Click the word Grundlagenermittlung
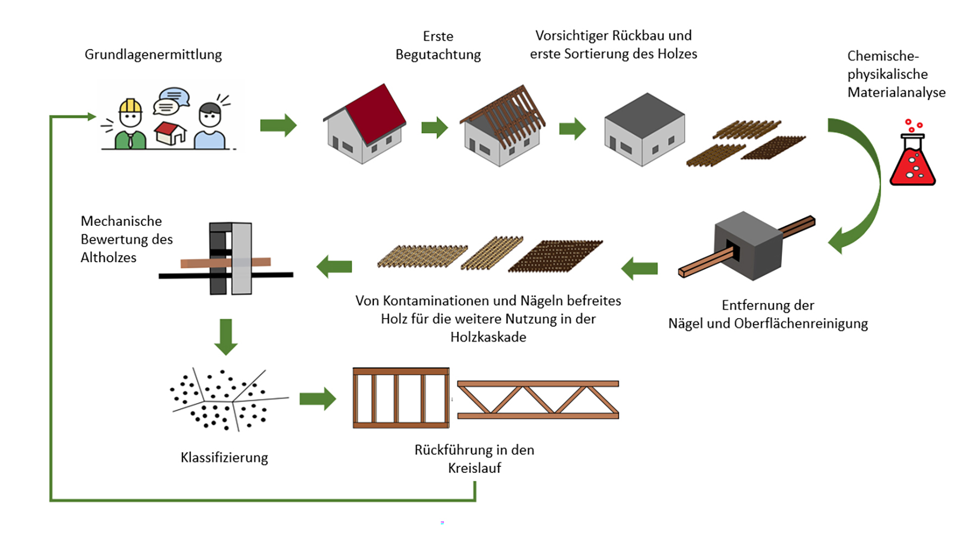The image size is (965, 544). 153,54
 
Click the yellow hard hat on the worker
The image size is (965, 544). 130,106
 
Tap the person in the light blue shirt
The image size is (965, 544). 210,127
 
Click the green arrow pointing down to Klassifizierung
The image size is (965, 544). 226,336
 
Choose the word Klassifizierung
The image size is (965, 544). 224,458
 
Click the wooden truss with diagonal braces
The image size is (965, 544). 538,400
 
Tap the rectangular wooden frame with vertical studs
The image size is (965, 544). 401,398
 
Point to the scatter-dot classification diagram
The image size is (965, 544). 228,400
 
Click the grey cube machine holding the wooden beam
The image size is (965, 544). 748,246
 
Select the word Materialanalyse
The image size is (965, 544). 897,92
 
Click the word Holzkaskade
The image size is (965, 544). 488,337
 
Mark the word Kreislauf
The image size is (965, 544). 474,468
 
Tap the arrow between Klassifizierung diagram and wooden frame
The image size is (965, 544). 318,399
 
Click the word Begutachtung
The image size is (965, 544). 438,55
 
